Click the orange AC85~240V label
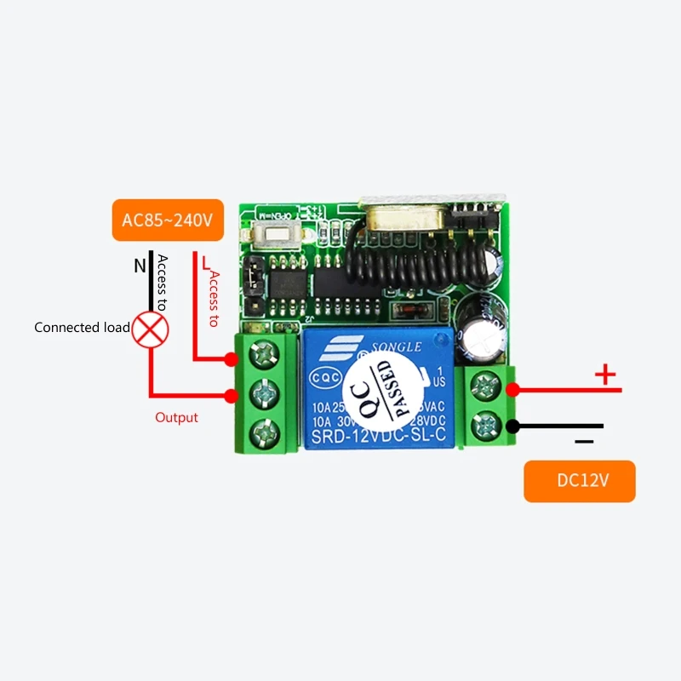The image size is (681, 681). click(166, 220)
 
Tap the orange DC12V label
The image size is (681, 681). click(580, 480)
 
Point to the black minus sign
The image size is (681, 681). click(584, 442)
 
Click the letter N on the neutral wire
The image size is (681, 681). click(140, 266)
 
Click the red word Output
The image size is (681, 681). click(176, 418)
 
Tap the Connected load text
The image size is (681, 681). click(82, 328)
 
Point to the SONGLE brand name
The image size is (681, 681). click(393, 347)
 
